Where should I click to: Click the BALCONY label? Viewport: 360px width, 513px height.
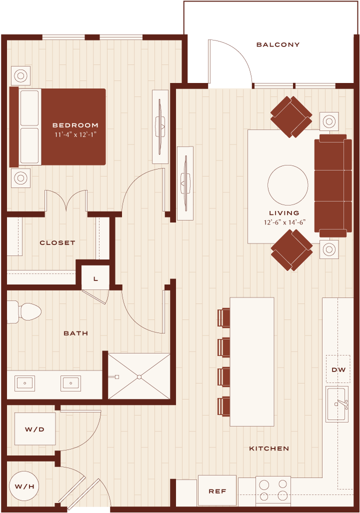coord(278,45)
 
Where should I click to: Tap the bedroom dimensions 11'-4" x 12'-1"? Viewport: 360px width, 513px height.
coord(75,134)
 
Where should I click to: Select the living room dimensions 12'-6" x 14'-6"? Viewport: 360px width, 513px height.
coord(284,222)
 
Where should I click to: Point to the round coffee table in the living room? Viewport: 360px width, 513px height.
coord(287,185)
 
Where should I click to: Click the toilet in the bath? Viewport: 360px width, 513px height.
coord(24,312)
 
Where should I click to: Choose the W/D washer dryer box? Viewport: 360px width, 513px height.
coord(34,428)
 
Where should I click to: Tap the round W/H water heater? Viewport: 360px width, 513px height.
coord(24,486)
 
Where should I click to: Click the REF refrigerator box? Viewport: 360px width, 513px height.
coord(217,491)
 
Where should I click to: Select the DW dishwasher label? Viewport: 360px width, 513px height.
coord(338,369)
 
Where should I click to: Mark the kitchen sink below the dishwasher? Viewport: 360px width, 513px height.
coord(337,404)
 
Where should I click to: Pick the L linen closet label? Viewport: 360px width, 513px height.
coord(95,278)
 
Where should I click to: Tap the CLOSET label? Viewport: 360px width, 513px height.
coord(57,243)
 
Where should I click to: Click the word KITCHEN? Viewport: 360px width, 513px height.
coord(269,448)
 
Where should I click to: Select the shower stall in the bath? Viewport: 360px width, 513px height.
coord(139,376)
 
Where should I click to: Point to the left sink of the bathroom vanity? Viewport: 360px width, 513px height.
coord(24,383)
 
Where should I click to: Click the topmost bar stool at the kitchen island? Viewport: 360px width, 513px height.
coord(224,317)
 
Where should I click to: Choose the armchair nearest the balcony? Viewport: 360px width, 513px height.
coord(291,117)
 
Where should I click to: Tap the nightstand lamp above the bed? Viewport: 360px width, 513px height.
coord(20,76)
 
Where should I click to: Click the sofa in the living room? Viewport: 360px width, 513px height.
coord(333,185)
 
